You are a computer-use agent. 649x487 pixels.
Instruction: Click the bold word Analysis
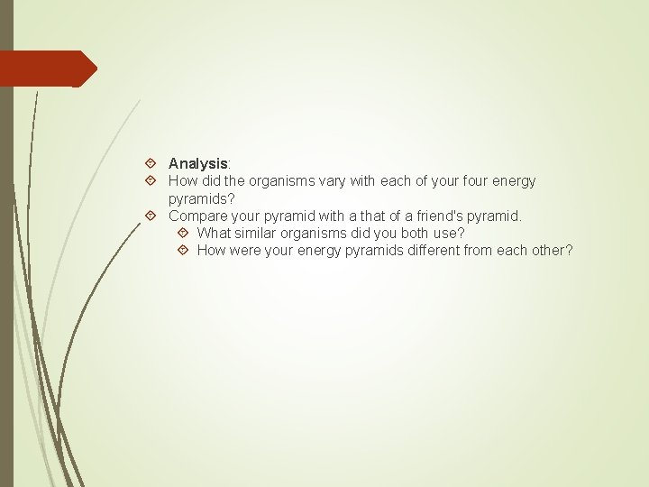(198, 163)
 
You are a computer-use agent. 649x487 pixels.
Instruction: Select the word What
(214, 234)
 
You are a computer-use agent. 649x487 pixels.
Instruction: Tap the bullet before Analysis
(150, 164)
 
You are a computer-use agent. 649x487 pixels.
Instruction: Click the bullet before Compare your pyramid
(150, 216)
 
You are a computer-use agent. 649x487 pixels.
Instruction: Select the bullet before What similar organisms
(183, 234)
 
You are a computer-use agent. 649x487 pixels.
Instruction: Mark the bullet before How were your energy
(183, 251)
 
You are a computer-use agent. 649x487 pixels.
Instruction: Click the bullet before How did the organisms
(150, 181)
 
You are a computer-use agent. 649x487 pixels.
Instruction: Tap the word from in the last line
(479, 251)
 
